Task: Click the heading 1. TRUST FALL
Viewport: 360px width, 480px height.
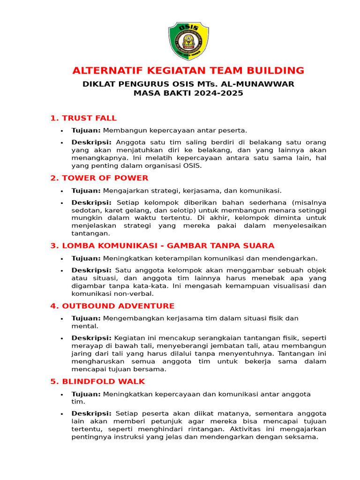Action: [83, 118]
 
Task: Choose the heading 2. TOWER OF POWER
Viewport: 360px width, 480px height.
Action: [99, 178]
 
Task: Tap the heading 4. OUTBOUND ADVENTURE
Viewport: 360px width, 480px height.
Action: [112, 306]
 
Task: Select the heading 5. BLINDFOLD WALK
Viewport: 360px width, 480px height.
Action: [97, 382]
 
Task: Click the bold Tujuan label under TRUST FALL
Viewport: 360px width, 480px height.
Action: [86, 130]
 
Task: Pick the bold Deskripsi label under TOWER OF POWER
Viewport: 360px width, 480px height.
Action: [91, 202]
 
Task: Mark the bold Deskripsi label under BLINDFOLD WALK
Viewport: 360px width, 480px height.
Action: [91, 413]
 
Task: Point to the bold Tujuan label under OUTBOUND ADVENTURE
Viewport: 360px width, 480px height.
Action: [86, 318]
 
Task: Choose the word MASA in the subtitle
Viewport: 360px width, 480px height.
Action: [145, 93]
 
